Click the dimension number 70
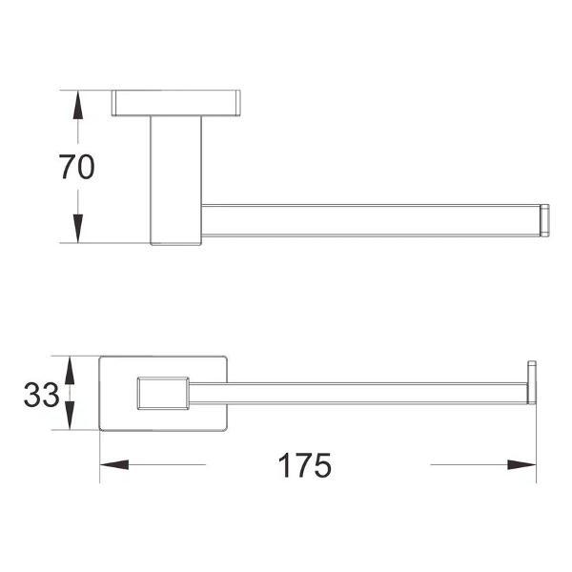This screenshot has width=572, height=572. click(x=77, y=168)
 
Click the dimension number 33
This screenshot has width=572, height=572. click(x=42, y=394)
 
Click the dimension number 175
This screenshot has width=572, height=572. click(x=305, y=465)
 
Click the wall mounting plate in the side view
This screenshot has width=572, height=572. click(x=175, y=102)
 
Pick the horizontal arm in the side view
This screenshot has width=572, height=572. click(x=372, y=219)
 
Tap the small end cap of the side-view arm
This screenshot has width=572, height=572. click(x=545, y=219)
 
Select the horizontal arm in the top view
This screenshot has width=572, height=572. click(x=362, y=393)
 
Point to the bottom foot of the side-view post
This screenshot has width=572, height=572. click(x=175, y=239)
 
